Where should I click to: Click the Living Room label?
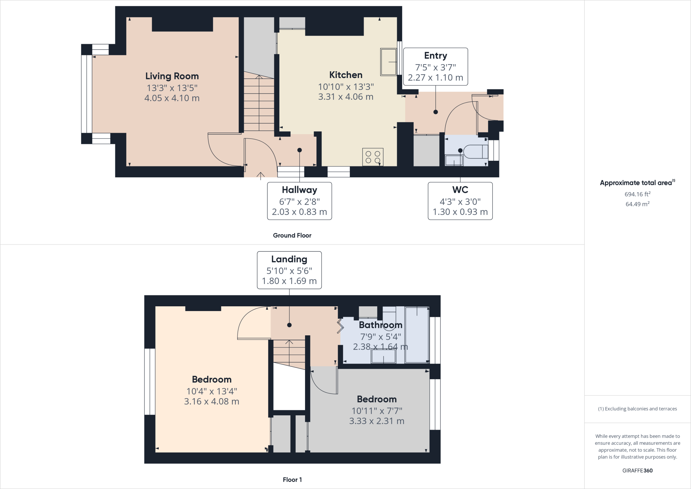pos(172,76)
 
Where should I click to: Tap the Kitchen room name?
pos(346,75)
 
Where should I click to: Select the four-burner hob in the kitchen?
pos(373,157)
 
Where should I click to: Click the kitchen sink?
pos(388,62)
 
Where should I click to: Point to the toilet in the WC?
pos(476,152)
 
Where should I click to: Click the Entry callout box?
pos(436,67)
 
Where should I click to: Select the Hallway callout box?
pos(300,201)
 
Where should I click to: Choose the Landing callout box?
pos(289,270)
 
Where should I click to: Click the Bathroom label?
pos(381,325)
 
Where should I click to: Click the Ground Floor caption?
pos(292,235)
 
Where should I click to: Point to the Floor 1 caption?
pos(293,480)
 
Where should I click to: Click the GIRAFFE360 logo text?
pos(637,470)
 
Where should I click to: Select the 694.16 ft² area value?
pos(637,194)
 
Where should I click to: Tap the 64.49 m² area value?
pos(637,204)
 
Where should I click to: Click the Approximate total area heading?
pos(637,183)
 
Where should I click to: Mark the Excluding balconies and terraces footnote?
pos(637,409)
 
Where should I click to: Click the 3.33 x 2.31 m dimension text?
pos(377,421)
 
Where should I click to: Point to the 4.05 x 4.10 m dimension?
pos(172,98)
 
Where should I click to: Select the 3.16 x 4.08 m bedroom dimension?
pos(212,402)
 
